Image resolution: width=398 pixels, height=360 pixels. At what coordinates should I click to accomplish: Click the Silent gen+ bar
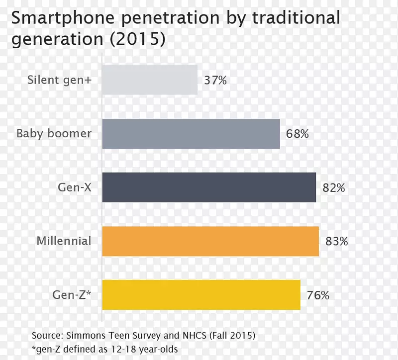point(150,80)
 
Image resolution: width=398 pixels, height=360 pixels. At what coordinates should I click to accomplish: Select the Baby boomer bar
point(191,134)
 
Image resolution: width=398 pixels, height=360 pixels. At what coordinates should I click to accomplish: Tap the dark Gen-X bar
point(209,187)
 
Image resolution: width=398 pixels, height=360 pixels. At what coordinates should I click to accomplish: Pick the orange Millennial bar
point(210,241)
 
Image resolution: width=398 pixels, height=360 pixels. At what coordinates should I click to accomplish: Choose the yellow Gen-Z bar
point(201,295)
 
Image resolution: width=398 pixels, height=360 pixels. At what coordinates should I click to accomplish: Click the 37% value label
point(215,80)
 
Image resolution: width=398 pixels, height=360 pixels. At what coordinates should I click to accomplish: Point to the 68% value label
point(297,134)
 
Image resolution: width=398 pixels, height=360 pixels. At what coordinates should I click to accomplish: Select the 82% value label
point(333,188)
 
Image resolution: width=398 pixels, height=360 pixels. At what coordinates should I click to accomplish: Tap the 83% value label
point(336,242)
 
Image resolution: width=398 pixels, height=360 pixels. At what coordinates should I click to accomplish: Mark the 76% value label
point(317,295)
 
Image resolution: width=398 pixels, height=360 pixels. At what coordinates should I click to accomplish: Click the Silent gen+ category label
point(59,80)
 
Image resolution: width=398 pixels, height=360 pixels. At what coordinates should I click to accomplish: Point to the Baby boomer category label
point(54,133)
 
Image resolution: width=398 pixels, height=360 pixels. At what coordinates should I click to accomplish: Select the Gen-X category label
point(75,187)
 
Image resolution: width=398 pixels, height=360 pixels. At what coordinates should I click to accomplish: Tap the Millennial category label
point(64,241)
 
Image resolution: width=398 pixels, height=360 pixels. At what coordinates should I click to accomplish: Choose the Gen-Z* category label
point(73,295)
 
